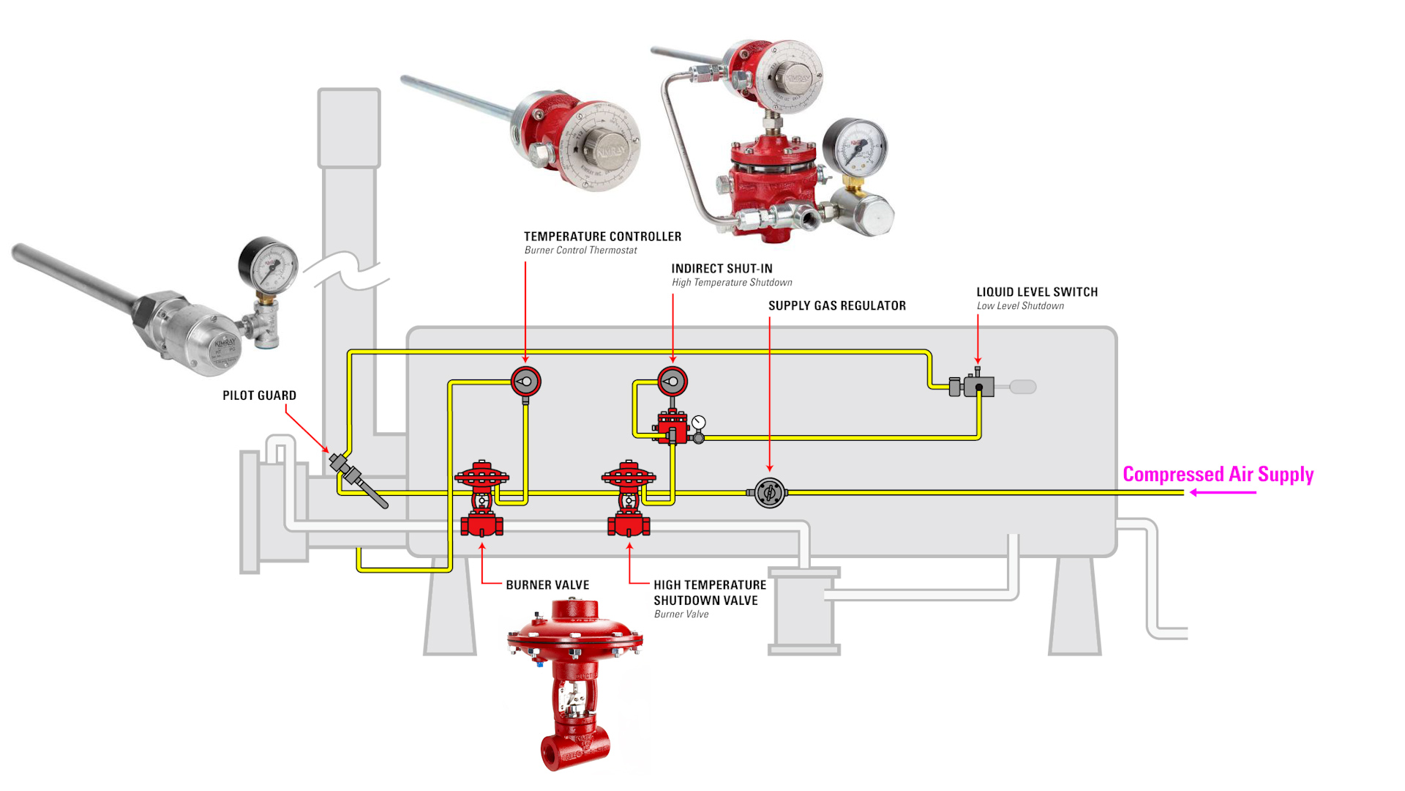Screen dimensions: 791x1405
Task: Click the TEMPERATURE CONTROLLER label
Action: click(602, 237)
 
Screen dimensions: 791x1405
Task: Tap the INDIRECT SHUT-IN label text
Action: click(722, 269)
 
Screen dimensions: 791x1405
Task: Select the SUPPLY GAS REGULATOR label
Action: click(836, 306)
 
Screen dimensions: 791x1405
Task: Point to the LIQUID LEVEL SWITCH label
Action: click(1037, 292)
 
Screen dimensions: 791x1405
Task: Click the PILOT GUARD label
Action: click(259, 395)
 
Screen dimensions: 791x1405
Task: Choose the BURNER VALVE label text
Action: click(547, 585)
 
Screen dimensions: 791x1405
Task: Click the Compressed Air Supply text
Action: click(1218, 475)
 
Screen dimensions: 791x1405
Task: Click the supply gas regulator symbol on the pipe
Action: click(769, 493)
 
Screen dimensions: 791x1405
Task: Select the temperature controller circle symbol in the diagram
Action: click(525, 382)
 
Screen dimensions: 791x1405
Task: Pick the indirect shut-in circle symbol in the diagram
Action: click(672, 382)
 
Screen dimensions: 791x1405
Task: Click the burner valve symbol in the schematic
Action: click(482, 498)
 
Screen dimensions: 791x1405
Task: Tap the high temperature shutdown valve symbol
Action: click(629, 498)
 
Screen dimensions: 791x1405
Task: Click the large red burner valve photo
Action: click(575, 681)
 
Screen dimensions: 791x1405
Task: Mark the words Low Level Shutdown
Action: click(1020, 306)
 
